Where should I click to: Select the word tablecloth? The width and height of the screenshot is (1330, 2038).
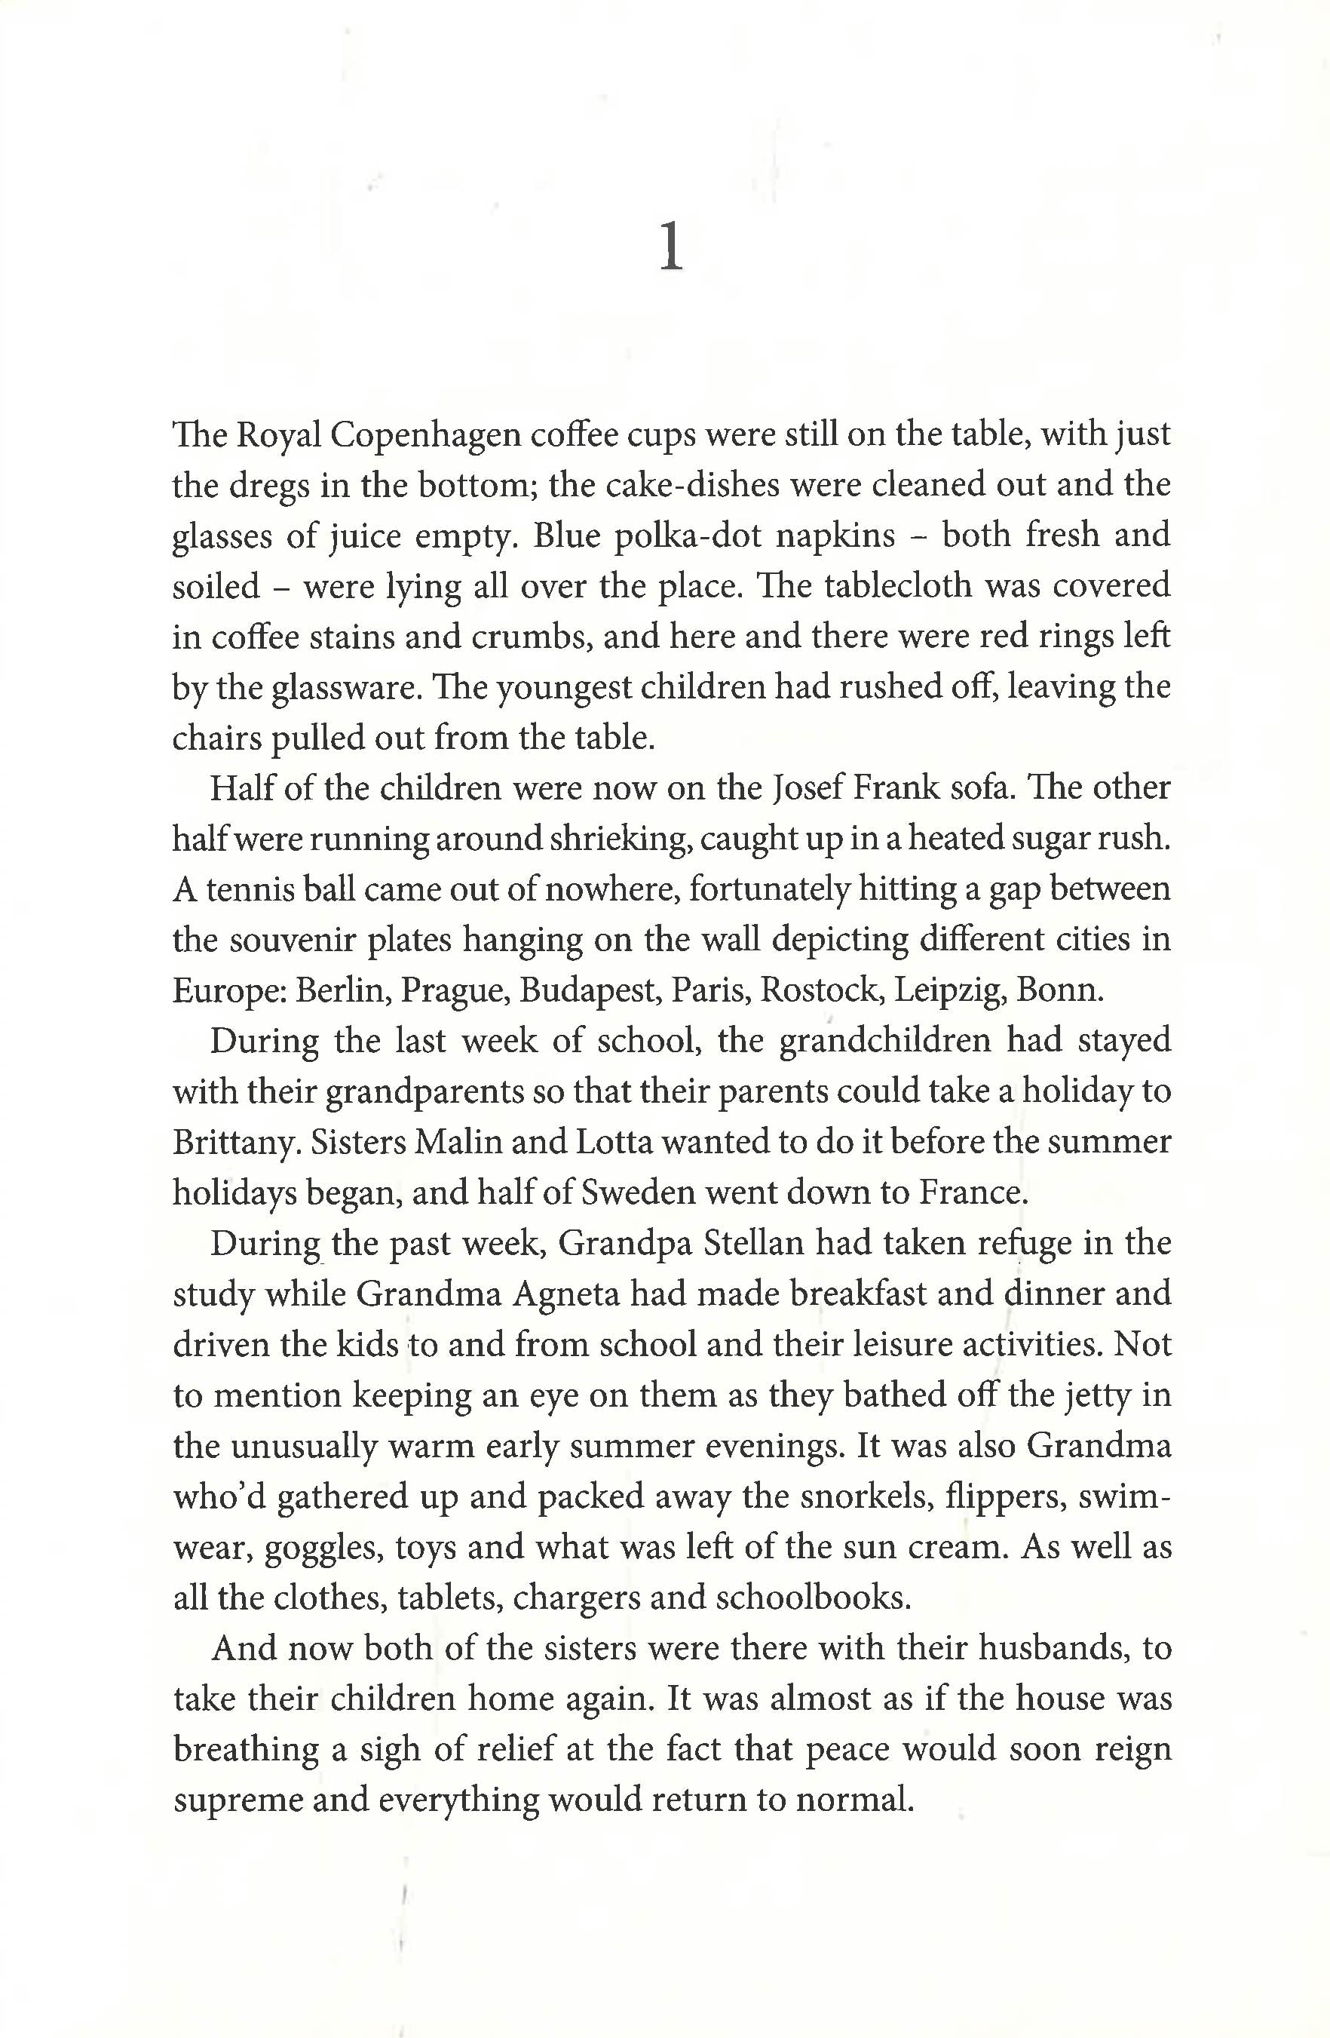click(x=898, y=587)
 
